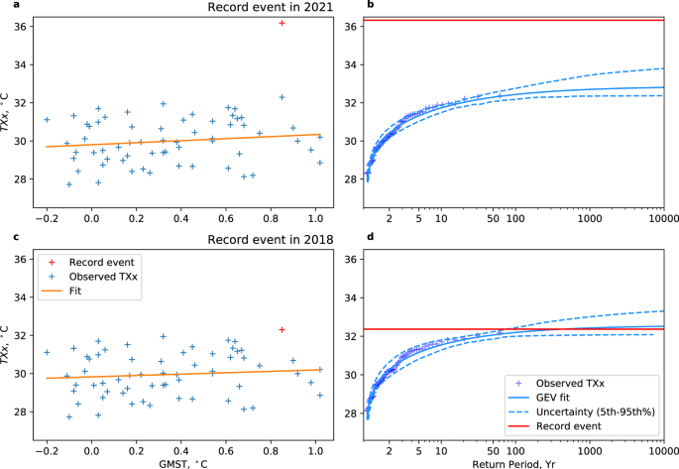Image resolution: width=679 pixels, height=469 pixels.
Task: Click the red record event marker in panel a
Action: point(283,22)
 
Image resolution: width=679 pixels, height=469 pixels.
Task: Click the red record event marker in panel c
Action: point(283,329)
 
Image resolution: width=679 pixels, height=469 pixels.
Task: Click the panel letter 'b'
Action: point(342,6)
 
